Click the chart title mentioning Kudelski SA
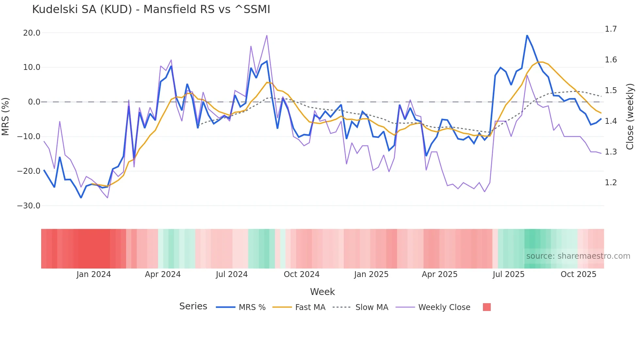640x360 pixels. pyautogui.click(x=151, y=9)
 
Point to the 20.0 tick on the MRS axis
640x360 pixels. pyautogui.click(x=32, y=33)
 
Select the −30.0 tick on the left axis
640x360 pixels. pyautogui.click(x=29, y=206)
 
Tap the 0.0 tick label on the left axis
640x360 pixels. pyautogui.click(x=34, y=102)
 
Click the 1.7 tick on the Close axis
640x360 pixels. pyautogui.click(x=611, y=29)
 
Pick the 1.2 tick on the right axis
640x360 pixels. pyautogui.click(x=611, y=183)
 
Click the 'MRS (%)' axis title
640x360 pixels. pyautogui.click(x=6, y=117)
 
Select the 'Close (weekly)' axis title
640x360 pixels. pyautogui.click(x=630, y=117)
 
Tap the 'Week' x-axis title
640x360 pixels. pyautogui.click(x=322, y=292)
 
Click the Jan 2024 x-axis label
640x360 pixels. pyautogui.click(x=94, y=274)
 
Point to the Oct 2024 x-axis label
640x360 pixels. pyautogui.click(x=301, y=274)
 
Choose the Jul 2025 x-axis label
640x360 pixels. pyautogui.click(x=508, y=274)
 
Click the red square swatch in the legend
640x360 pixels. pyautogui.click(x=487, y=307)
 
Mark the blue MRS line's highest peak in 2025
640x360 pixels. pyautogui.click(x=527, y=35)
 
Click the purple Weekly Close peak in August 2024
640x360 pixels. pyautogui.click(x=267, y=35)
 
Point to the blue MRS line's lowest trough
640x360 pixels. pyautogui.click(x=81, y=198)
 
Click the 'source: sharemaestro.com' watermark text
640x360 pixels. pyautogui.click(x=578, y=256)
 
